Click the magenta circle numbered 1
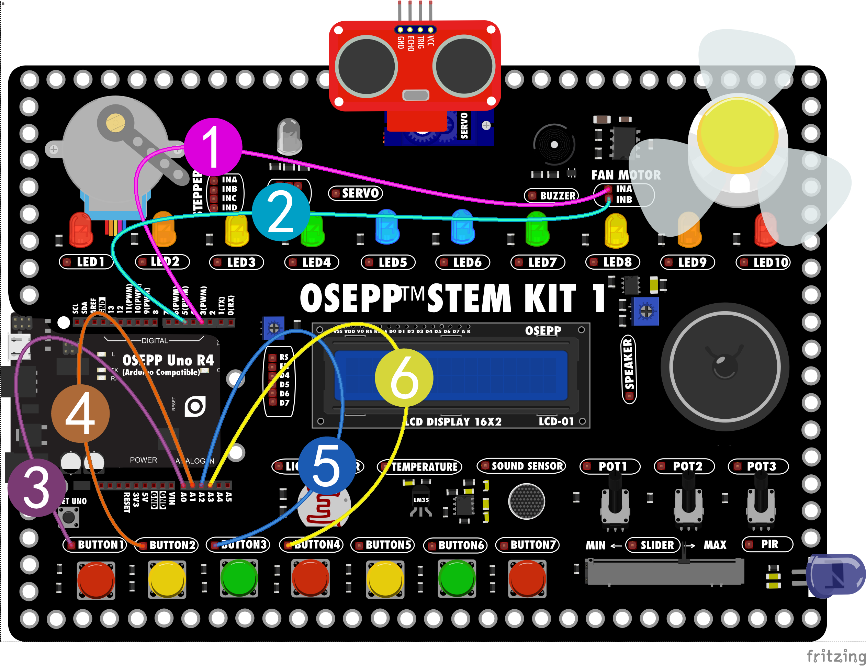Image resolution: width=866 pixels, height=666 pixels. click(213, 147)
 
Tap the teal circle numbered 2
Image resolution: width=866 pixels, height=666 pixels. click(281, 212)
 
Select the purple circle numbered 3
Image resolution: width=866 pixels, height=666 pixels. click(36, 488)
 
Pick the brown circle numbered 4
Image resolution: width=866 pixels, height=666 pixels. click(80, 414)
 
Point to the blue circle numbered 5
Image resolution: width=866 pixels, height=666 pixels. click(326, 465)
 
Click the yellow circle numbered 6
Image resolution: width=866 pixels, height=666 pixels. click(404, 377)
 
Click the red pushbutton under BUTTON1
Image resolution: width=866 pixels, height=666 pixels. click(96, 579)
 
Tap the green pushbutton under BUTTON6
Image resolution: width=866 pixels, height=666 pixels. click(457, 579)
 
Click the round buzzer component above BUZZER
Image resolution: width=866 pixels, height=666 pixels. click(554, 145)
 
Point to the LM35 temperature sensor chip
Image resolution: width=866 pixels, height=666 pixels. click(421, 500)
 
